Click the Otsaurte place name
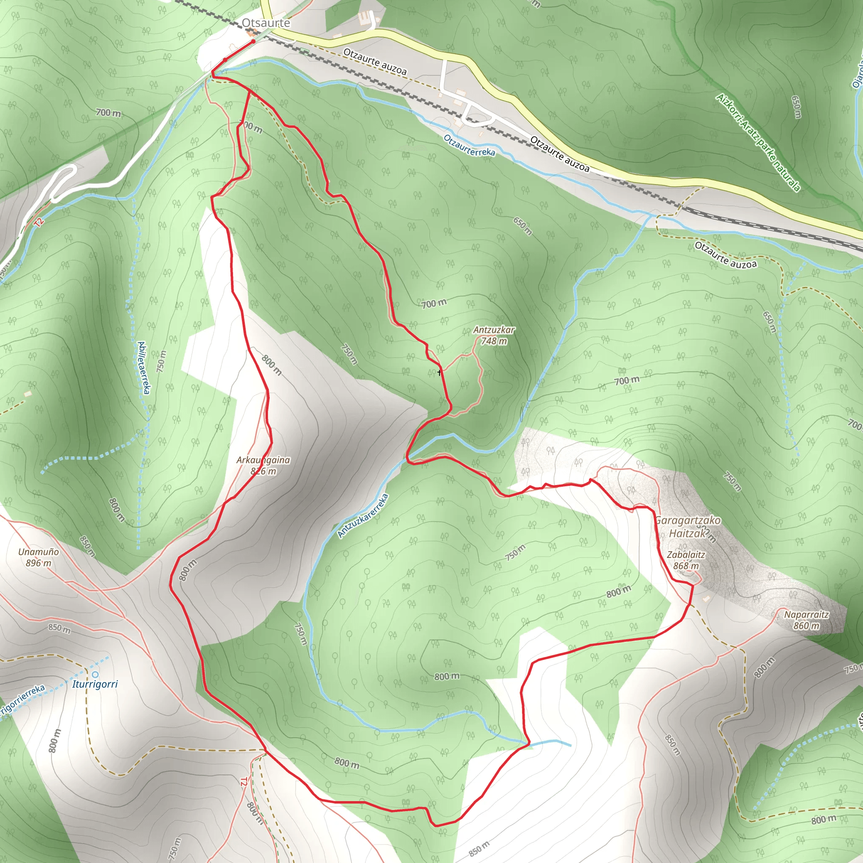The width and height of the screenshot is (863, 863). (x=266, y=23)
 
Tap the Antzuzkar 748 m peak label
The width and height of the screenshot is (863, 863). (x=493, y=335)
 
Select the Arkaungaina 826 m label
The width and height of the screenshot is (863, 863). (x=263, y=466)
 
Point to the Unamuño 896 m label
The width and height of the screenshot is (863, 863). (x=38, y=557)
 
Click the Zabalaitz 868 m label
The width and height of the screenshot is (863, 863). (x=686, y=560)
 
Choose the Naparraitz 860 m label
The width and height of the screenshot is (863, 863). (x=806, y=620)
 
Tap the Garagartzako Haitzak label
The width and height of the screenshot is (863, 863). (x=687, y=527)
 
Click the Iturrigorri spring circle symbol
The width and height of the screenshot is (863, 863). (x=95, y=675)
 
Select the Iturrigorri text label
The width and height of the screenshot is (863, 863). (x=95, y=684)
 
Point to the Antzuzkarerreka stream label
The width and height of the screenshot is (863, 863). (x=363, y=515)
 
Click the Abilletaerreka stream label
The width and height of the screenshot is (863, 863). (x=143, y=367)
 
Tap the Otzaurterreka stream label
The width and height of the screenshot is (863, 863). (x=469, y=146)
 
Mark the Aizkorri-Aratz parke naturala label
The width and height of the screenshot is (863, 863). (x=758, y=142)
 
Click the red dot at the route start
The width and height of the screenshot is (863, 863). (x=253, y=42)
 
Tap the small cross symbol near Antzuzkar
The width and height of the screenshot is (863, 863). (x=440, y=373)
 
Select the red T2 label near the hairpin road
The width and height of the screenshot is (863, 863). (x=39, y=222)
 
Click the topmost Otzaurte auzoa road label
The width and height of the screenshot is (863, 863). (x=375, y=62)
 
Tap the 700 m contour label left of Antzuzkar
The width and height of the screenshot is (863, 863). (x=434, y=304)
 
